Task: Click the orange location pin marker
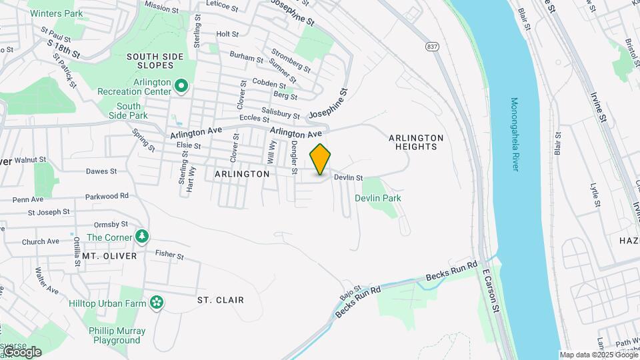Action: [x=321, y=159]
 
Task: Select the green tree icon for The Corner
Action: [x=141, y=237]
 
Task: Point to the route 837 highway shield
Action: [x=433, y=46]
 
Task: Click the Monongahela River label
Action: [x=515, y=134]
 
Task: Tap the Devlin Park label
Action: [x=378, y=199]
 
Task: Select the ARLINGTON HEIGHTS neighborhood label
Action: [x=416, y=142]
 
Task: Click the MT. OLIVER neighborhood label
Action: [x=110, y=256]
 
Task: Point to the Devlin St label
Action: [x=348, y=178]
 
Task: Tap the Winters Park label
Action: [x=56, y=13]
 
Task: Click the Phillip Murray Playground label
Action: [x=116, y=335]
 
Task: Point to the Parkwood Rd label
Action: [x=107, y=197]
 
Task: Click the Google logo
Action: [x=21, y=352]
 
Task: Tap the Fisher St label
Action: [x=169, y=254]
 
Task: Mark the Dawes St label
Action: [x=101, y=171]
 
